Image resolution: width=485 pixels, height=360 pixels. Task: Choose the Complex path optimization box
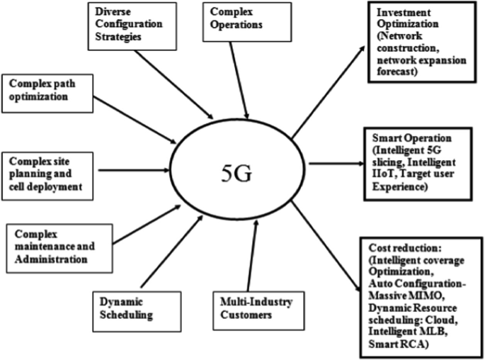pyautogui.click(x=46, y=90)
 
